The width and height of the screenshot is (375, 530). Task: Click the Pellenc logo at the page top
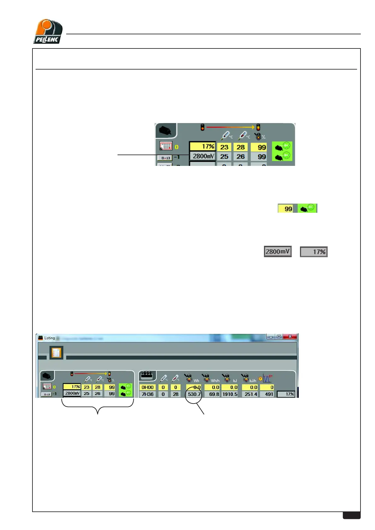click(48, 31)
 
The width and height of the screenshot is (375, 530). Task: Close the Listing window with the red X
click(290, 336)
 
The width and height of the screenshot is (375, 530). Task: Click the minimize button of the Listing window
click(271, 337)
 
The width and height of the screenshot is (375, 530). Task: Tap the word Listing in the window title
click(49, 338)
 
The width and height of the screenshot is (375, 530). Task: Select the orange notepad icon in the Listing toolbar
click(56, 353)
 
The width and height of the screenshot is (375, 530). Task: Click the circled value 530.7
click(194, 394)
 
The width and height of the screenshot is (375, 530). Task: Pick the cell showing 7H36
click(147, 394)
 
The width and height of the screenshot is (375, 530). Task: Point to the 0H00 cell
click(147, 387)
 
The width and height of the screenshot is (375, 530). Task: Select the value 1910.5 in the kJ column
click(230, 394)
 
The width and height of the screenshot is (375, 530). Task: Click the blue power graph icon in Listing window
click(267, 378)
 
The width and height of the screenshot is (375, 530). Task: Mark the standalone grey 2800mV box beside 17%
click(278, 251)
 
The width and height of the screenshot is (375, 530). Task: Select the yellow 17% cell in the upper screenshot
click(202, 146)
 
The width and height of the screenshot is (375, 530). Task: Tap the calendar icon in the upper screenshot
click(166, 145)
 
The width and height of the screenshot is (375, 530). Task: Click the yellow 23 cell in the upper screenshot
click(224, 147)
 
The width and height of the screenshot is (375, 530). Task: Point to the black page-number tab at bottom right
click(351, 515)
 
